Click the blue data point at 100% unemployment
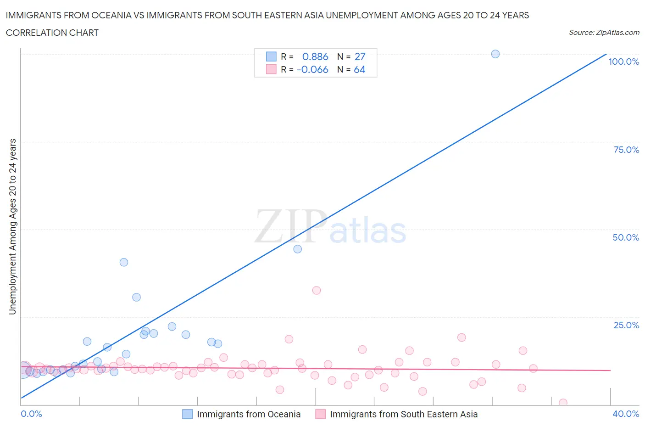coord(495,54)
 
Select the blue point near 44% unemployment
coord(298,249)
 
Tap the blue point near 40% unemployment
coord(124,262)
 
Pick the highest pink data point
coord(317,290)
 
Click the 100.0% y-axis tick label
coord(623,62)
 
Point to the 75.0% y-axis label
coord(626,150)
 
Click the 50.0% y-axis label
coord(626,237)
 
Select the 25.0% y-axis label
coord(626,325)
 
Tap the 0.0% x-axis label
coord(32,414)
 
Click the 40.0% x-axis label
coord(626,414)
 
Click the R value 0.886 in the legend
coord(315,56)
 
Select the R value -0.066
coord(312,69)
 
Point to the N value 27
coord(360,56)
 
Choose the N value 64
coord(360,69)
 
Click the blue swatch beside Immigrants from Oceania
coord(188,414)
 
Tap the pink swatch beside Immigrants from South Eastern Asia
coord(321,414)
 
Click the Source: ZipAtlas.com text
coord(604,32)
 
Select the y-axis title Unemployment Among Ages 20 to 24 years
coord(12,226)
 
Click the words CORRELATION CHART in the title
coord(52,33)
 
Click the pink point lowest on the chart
coord(563,403)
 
